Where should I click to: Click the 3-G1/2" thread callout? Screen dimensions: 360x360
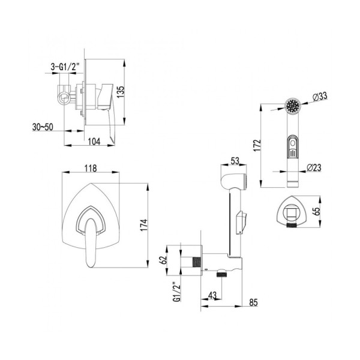(65, 67)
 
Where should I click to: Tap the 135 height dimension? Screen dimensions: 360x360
(121, 92)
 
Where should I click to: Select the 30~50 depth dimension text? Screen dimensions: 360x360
(43, 127)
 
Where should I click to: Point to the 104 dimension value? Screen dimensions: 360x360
(94, 142)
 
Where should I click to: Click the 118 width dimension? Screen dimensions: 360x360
(91, 168)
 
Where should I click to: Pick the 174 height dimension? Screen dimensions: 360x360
(144, 225)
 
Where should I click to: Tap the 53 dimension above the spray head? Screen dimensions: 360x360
(235, 161)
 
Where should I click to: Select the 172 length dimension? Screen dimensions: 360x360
(257, 145)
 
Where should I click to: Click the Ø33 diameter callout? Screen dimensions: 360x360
(320, 97)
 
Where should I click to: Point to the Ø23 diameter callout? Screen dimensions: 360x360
(314, 167)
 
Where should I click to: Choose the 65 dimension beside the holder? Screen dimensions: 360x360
(316, 211)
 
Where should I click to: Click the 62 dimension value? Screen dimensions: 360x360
(163, 260)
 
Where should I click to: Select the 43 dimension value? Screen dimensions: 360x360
(212, 295)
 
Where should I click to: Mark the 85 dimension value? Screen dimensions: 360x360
(253, 302)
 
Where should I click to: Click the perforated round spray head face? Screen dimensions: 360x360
(293, 106)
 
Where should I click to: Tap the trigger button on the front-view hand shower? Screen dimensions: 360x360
(293, 147)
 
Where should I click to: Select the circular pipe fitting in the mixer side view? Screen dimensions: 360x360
(64, 98)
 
